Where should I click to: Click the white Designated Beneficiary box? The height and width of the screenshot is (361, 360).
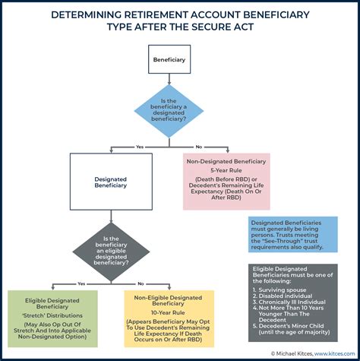coord(112,182)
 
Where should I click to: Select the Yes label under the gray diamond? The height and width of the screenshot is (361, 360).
coord(81,283)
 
